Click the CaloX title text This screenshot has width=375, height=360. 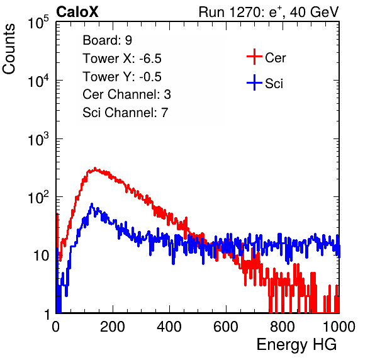77,12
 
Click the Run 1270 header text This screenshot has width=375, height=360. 269,12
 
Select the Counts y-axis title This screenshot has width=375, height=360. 9,49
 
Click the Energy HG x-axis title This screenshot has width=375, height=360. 296,345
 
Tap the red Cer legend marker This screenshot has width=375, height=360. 254,57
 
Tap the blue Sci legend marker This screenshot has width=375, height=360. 254,82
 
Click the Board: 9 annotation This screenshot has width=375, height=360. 108,40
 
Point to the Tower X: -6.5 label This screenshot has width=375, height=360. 122,59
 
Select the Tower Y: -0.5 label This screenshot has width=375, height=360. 122,77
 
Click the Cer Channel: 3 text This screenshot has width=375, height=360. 126,94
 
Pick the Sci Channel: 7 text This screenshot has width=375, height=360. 125,113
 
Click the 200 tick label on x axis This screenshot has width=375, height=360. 113,327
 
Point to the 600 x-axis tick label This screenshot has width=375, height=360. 226,327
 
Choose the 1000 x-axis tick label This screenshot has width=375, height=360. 339,327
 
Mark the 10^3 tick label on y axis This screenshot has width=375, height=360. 38,139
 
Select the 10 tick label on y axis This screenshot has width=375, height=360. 41,256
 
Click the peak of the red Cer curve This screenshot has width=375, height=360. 95,168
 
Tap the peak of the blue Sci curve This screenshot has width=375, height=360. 92,205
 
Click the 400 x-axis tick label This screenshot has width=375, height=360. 169,327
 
